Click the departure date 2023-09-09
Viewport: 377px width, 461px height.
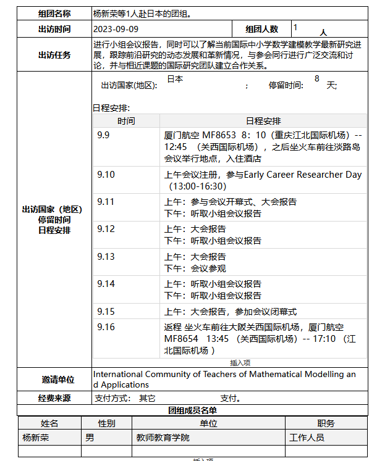pos(116,29)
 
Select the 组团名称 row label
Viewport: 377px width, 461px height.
pos(54,13)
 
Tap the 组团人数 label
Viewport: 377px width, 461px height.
pos(261,29)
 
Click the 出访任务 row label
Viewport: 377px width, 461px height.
pos(54,55)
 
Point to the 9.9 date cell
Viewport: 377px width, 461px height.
pos(103,135)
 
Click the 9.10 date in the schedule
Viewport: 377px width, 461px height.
pos(106,175)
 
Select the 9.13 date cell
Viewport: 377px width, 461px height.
pos(106,257)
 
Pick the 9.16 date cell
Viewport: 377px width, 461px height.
pos(106,327)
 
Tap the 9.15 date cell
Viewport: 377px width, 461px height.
pos(106,312)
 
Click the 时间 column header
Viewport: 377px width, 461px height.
pos(126,121)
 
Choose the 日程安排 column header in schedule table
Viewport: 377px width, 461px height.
pos(263,121)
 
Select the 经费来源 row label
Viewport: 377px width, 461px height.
pos(54,399)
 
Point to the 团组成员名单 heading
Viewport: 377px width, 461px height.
pos(192,410)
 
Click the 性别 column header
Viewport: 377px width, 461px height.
pos(106,423)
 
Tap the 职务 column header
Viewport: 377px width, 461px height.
pos(326,423)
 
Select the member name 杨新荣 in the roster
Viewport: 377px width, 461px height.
pos(36,438)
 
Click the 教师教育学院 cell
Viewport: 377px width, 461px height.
pos(163,438)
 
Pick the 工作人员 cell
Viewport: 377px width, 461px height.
pos(307,438)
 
